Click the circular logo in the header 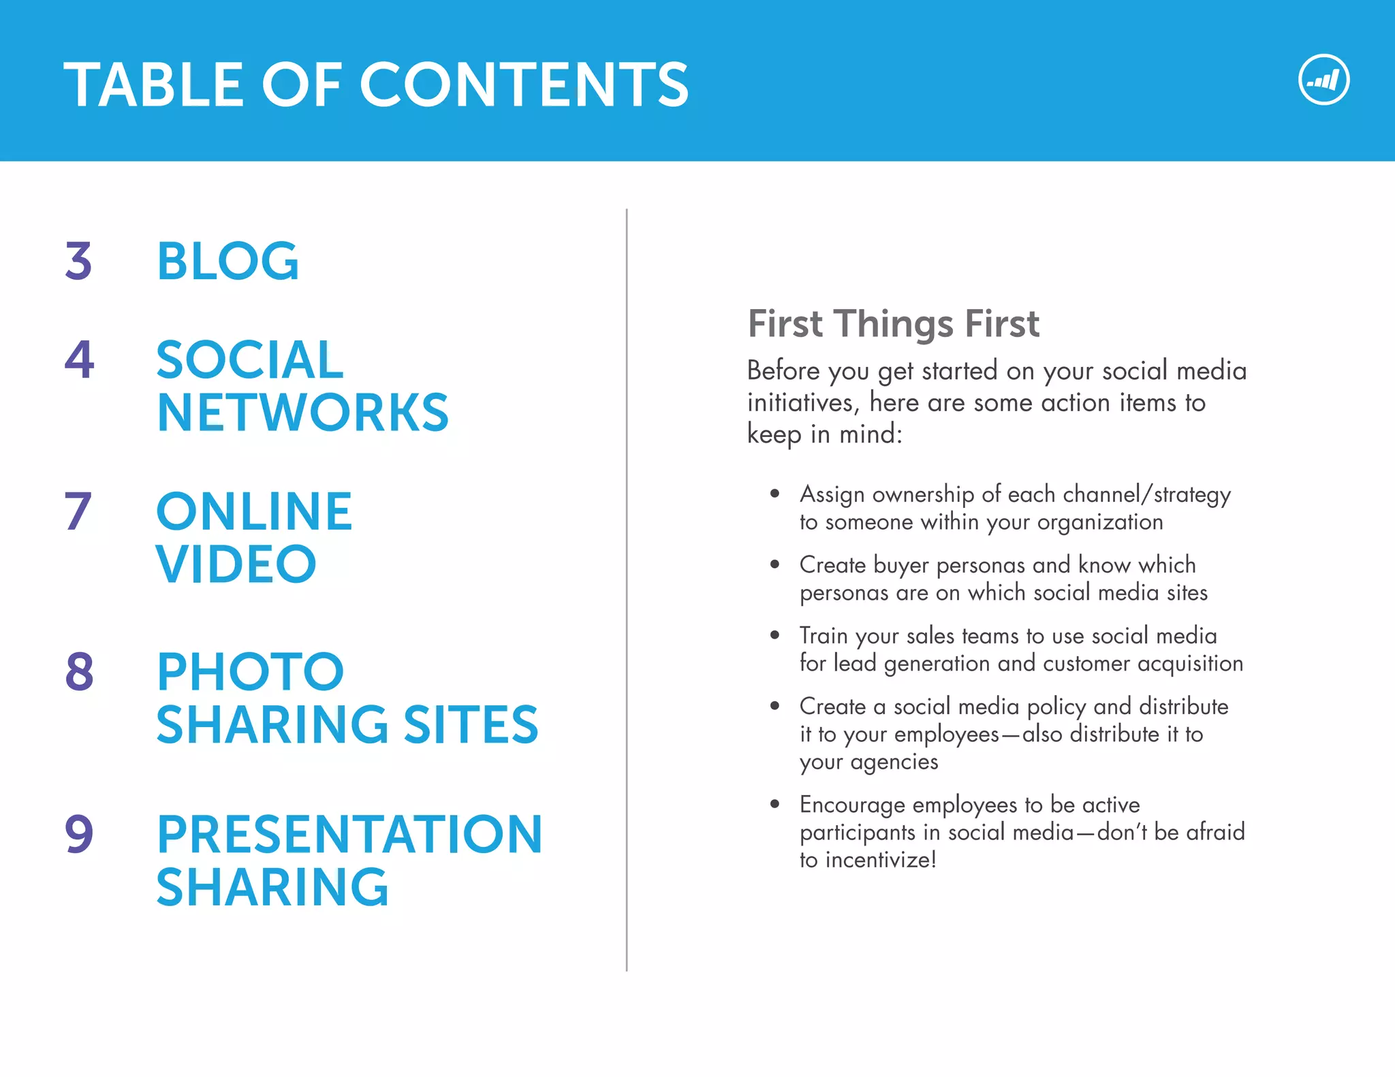[1323, 80]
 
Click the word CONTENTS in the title [524, 85]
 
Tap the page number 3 [78, 261]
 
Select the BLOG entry [228, 261]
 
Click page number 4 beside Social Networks [79, 359]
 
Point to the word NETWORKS [302, 413]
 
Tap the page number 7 [78, 511]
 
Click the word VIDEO [236, 564]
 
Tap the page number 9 [79, 834]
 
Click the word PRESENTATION [349, 834]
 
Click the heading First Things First [893, 323]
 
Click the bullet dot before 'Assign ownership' [774, 494]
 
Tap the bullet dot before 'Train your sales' [774, 635]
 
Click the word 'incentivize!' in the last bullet [881, 860]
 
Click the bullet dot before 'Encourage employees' [774, 804]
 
